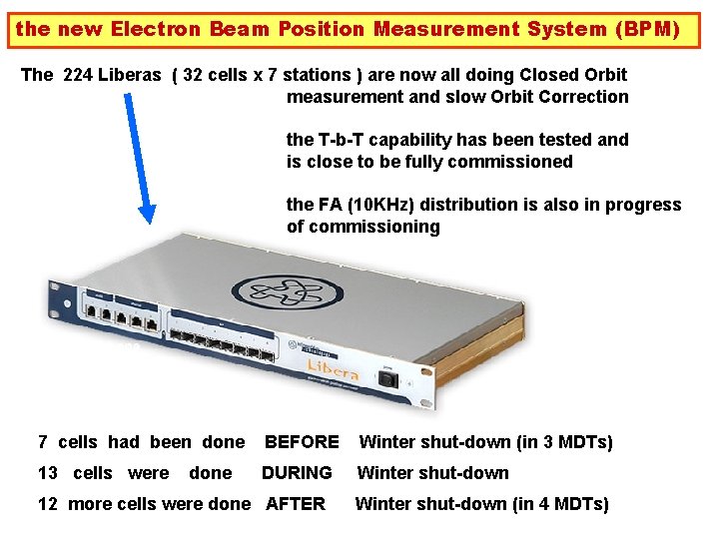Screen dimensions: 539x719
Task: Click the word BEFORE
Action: [302, 442]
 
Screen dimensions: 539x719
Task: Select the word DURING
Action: [297, 473]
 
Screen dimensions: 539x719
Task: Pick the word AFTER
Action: [296, 504]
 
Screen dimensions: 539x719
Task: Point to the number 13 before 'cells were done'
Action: [47, 473]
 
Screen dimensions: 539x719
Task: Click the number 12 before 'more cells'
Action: [47, 504]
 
